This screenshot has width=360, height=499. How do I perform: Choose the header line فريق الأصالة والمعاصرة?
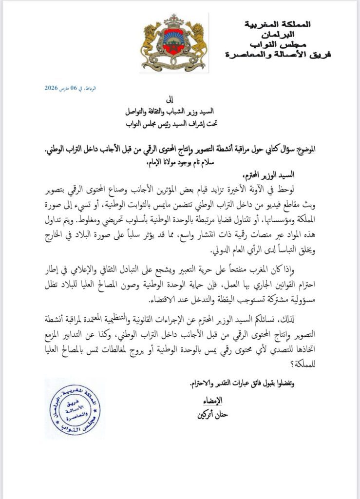pos(279,55)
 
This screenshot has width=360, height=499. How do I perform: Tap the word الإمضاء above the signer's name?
pos(213,400)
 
